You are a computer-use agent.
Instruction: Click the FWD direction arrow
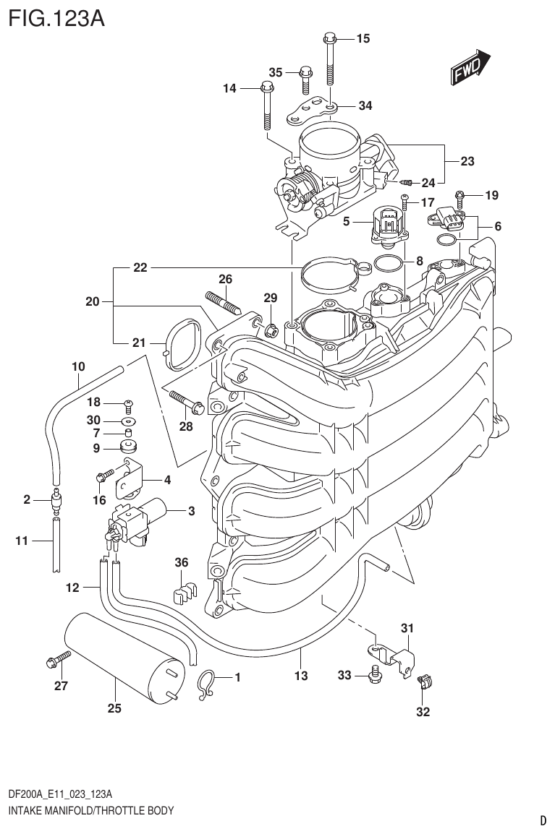pyautogui.click(x=471, y=68)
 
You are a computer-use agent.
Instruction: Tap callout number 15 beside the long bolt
pyautogui.click(x=363, y=38)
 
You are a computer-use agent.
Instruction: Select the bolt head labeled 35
pyautogui.click(x=305, y=72)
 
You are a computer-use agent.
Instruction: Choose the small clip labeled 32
pyautogui.click(x=423, y=680)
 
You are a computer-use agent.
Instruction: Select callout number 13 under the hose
pyautogui.click(x=302, y=676)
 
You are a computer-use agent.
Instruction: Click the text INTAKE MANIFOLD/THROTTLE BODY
pyautogui.click(x=90, y=811)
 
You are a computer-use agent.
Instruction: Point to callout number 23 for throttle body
pyautogui.click(x=467, y=161)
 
